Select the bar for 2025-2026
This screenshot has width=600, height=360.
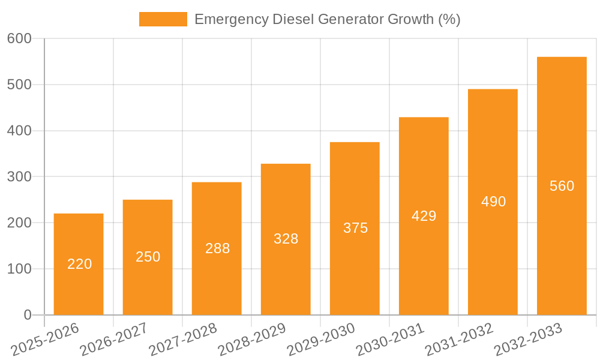click(79, 264)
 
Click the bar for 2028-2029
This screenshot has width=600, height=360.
click(286, 239)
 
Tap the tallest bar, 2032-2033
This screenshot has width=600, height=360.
click(562, 186)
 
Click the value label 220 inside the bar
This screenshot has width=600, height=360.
click(79, 264)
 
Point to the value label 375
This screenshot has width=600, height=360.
click(355, 228)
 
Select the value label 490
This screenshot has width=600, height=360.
click(493, 202)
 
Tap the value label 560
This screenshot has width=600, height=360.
click(562, 186)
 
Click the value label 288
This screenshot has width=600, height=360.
click(217, 248)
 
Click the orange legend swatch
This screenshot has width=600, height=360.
click(163, 19)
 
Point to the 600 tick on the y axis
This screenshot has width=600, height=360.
click(19, 38)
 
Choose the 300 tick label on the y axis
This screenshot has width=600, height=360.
click(19, 177)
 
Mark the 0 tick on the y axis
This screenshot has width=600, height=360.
click(27, 315)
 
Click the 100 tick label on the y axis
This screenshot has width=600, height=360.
click(19, 269)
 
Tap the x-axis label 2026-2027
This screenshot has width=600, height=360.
click(114, 340)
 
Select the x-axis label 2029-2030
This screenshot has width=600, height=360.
click(321, 340)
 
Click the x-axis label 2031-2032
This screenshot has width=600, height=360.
click(459, 340)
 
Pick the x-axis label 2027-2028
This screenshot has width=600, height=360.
click(183, 340)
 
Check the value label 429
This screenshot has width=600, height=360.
click(424, 216)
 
